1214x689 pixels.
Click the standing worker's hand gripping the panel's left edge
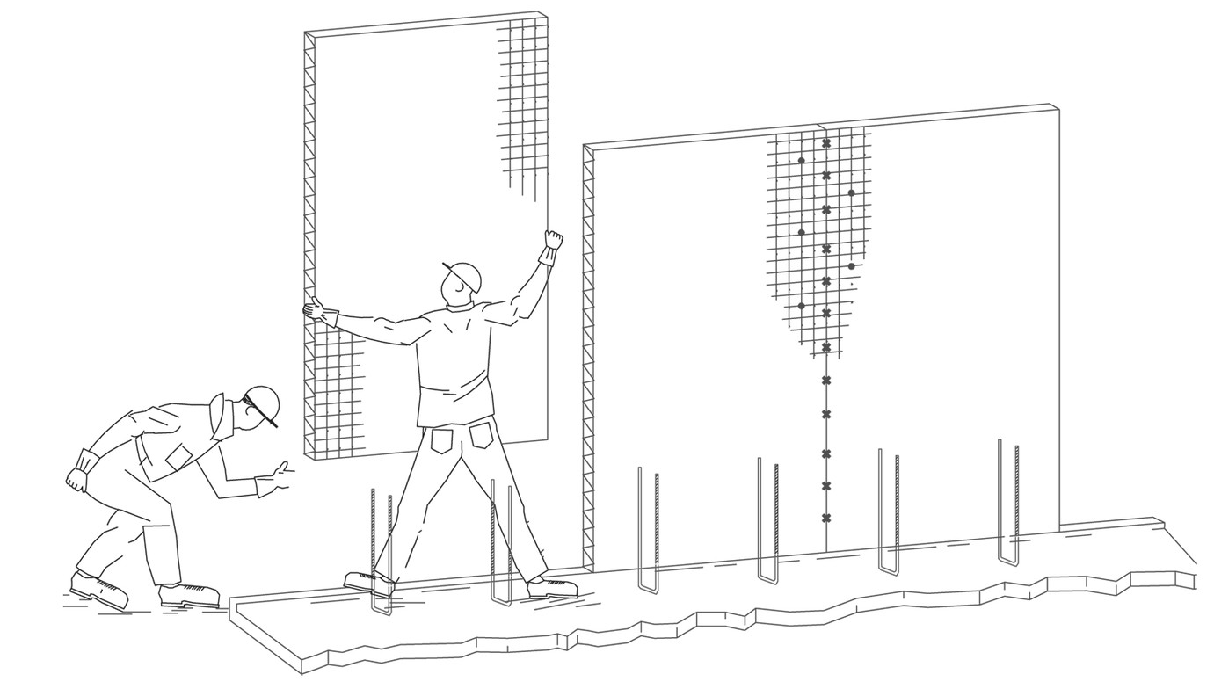(x=313, y=308)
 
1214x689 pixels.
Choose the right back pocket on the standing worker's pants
(x=481, y=435)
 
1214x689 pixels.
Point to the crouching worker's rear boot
(x=98, y=588)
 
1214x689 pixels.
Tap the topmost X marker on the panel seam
(x=826, y=143)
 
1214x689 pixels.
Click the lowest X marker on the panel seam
(x=826, y=518)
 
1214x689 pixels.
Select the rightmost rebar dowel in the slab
(x=1008, y=501)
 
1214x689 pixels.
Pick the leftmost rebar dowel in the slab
(x=382, y=549)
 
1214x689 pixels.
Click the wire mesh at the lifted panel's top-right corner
(x=524, y=97)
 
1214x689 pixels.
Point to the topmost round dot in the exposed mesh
(x=801, y=160)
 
